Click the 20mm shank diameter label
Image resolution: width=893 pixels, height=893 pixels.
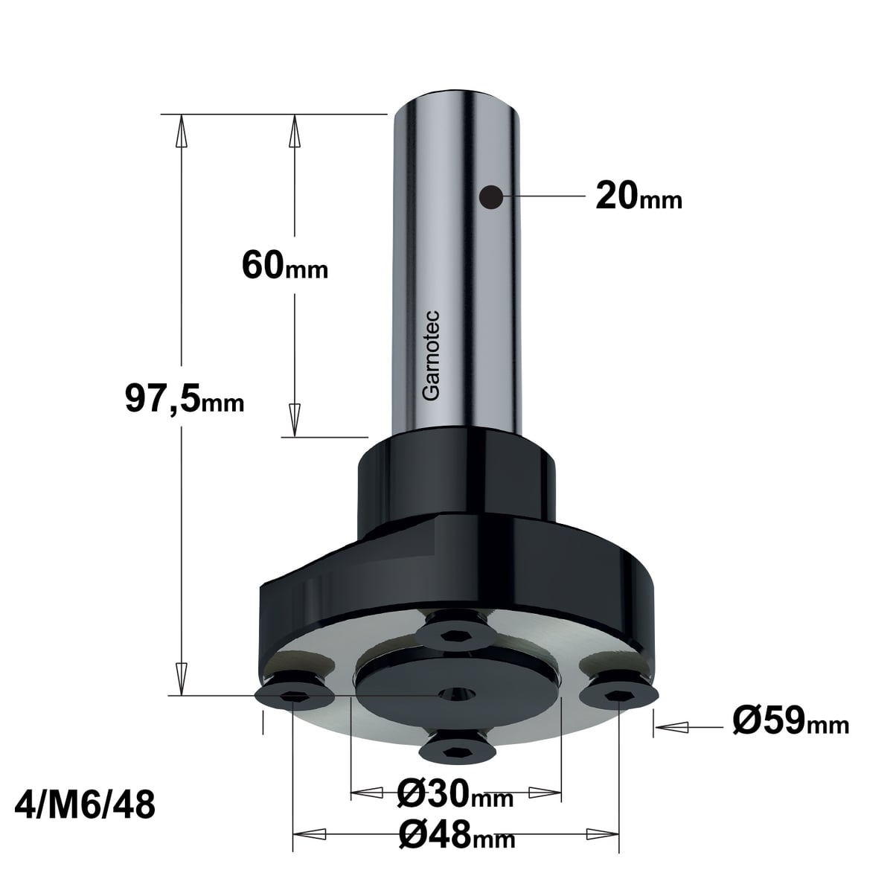(638, 196)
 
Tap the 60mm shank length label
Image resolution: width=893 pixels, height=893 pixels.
(285, 265)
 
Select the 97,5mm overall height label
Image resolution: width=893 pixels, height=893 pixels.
(185, 399)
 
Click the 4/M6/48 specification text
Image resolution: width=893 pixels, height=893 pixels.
(85, 804)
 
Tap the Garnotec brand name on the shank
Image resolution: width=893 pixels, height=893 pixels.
(431, 356)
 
